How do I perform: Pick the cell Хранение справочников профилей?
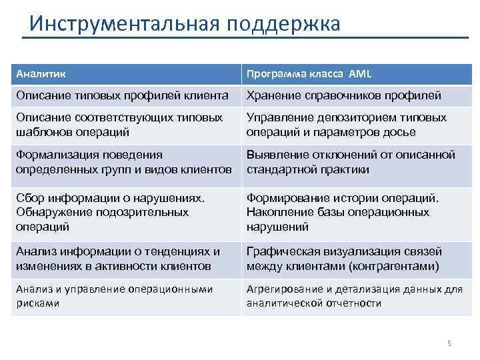[x=343, y=95]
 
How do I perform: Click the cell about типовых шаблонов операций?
[x=119, y=124]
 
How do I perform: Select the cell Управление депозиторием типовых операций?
[x=346, y=124]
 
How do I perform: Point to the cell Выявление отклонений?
[x=351, y=161]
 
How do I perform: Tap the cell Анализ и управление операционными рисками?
[x=113, y=295]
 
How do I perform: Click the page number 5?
[x=449, y=343]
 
